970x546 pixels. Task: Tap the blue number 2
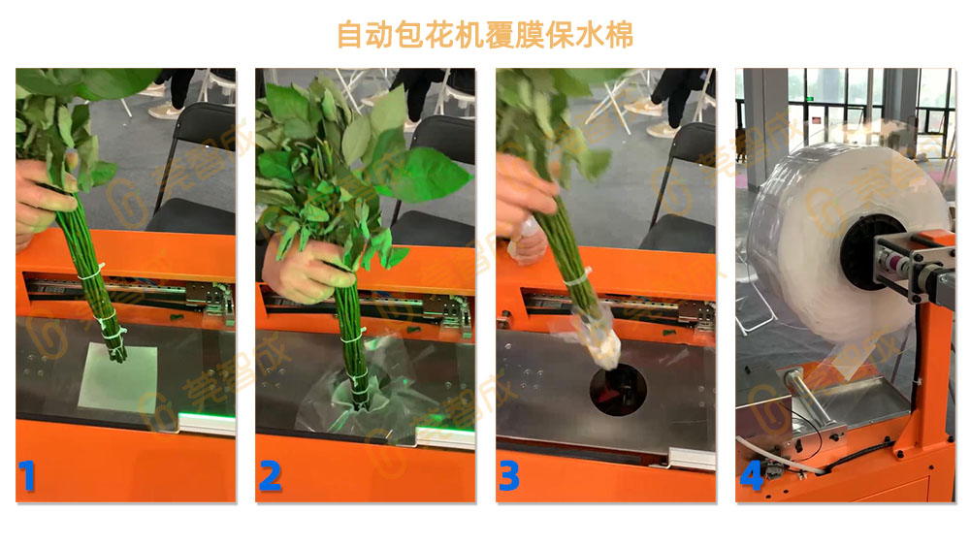point(271,475)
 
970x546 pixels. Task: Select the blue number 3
point(511,475)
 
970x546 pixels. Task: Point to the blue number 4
point(752,475)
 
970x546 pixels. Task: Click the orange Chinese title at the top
point(484,34)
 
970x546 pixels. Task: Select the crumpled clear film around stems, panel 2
point(354,388)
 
